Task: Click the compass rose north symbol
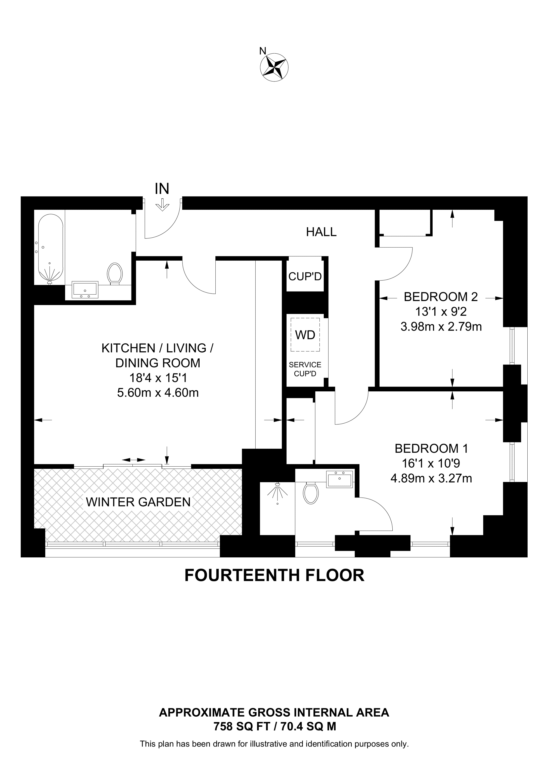(x=274, y=67)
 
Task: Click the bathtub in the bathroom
(x=51, y=248)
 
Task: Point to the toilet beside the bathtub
(x=115, y=273)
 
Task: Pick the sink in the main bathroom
(x=85, y=290)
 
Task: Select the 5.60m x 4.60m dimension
(x=158, y=393)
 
